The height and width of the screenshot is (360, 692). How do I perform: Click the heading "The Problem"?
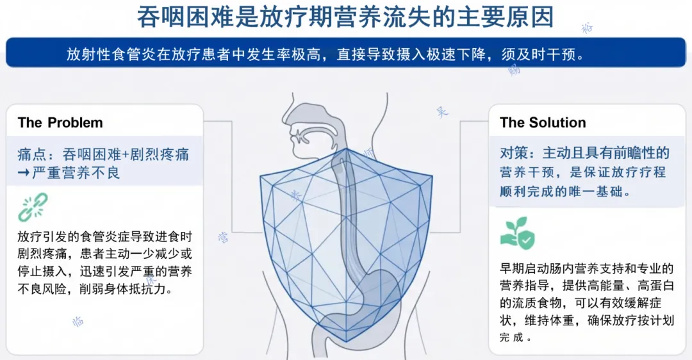[60, 123]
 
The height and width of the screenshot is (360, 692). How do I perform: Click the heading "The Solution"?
[543, 123]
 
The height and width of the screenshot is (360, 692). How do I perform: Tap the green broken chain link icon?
[32, 208]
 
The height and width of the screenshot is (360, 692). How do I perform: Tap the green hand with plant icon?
[517, 233]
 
